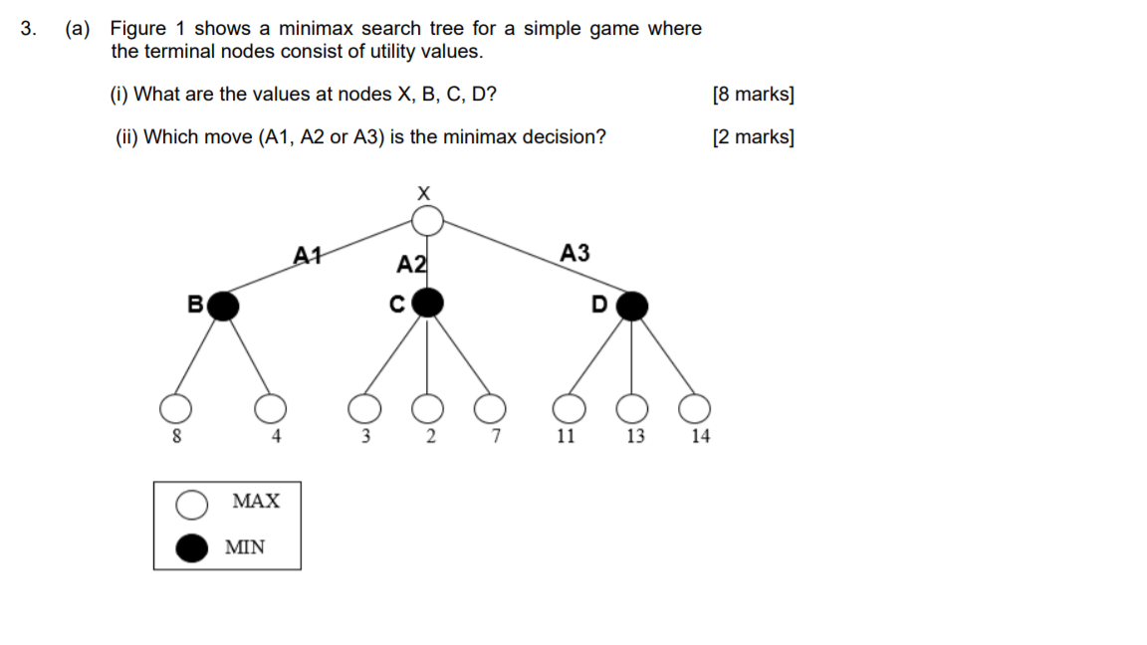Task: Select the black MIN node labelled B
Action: (x=224, y=306)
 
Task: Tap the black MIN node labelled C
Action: (x=427, y=303)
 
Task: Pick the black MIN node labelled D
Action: (x=631, y=306)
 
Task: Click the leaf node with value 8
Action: (x=175, y=408)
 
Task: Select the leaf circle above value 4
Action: (x=270, y=408)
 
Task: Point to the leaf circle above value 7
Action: (x=489, y=408)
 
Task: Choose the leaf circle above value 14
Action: (x=695, y=408)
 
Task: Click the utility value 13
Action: (x=635, y=436)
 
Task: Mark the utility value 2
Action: (x=429, y=436)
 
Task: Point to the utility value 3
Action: (x=365, y=436)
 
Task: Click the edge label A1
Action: (x=308, y=255)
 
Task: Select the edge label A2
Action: (x=411, y=264)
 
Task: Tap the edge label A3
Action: (x=574, y=253)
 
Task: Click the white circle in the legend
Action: (x=192, y=505)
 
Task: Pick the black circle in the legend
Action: (x=192, y=546)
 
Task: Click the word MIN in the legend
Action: (x=245, y=546)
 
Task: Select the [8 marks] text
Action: (x=753, y=95)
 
